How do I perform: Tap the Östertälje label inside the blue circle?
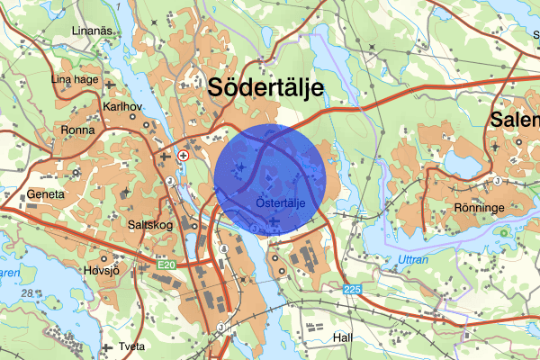point(282,204)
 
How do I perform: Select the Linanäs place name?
point(93,31)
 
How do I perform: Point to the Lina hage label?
point(74,79)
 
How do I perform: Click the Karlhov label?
point(123,105)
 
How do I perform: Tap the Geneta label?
point(46,193)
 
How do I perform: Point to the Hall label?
point(340,337)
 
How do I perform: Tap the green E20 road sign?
point(162,265)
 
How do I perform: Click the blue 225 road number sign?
point(353,290)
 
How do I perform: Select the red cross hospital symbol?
point(184,156)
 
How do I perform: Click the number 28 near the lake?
point(29,293)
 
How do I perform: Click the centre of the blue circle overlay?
point(270,180)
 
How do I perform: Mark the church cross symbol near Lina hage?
point(110,86)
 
